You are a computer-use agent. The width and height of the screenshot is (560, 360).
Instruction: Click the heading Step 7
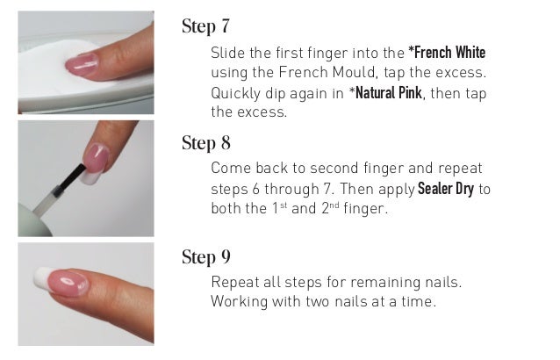pyautogui.click(x=205, y=26)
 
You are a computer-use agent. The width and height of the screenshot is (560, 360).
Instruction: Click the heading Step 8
pyautogui.click(x=206, y=143)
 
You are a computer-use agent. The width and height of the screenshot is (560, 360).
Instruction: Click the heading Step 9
pyautogui.click(x=206, y=257)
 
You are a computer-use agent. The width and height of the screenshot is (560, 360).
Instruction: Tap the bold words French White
pyautogui.click(x=447, y=53)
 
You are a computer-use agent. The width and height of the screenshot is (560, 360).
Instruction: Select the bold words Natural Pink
pyautogui.click(x=385, y=93)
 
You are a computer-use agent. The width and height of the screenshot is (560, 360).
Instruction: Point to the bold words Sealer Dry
pyautogui.click(x=446, y=189)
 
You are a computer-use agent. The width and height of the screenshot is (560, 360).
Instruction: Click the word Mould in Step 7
pyautogui.click(x=354, y=73)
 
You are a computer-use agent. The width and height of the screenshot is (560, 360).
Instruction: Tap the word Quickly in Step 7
pyautogui.click(x=235, y=94)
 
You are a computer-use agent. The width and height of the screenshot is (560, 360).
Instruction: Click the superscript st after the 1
pyautogui.click(x=284, y=205)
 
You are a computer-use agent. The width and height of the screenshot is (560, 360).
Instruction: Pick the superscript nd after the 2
pyautogui.click(x=334, y=205)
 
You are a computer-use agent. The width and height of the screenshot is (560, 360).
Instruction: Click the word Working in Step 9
pyautogui.click(x=239, y=302)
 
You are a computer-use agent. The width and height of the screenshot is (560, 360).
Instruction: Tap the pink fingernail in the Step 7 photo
pyautogui.click(x=83, y=63)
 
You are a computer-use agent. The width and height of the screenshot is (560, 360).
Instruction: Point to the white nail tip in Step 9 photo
pyautogui.click(x=41, y=277)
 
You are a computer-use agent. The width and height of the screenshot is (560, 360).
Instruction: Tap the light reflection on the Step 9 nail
pyautogui.click(x=67, y=282)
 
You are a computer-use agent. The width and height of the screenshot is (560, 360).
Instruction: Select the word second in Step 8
pyautogui.click(x=334, y=169)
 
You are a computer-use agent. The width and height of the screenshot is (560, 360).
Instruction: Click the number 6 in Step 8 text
pyautogui.click(x=255, y=190)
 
